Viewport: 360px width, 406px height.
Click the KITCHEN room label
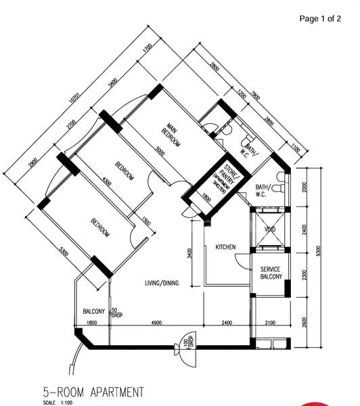225,248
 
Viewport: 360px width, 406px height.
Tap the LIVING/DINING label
161,283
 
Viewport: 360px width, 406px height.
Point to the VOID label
270,229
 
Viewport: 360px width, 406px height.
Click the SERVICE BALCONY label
270,273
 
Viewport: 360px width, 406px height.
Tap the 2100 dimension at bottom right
270,322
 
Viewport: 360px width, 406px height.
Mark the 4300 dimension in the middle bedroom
106,182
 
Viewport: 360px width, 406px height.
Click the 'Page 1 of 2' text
320,19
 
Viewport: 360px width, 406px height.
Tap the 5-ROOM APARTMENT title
93,391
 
